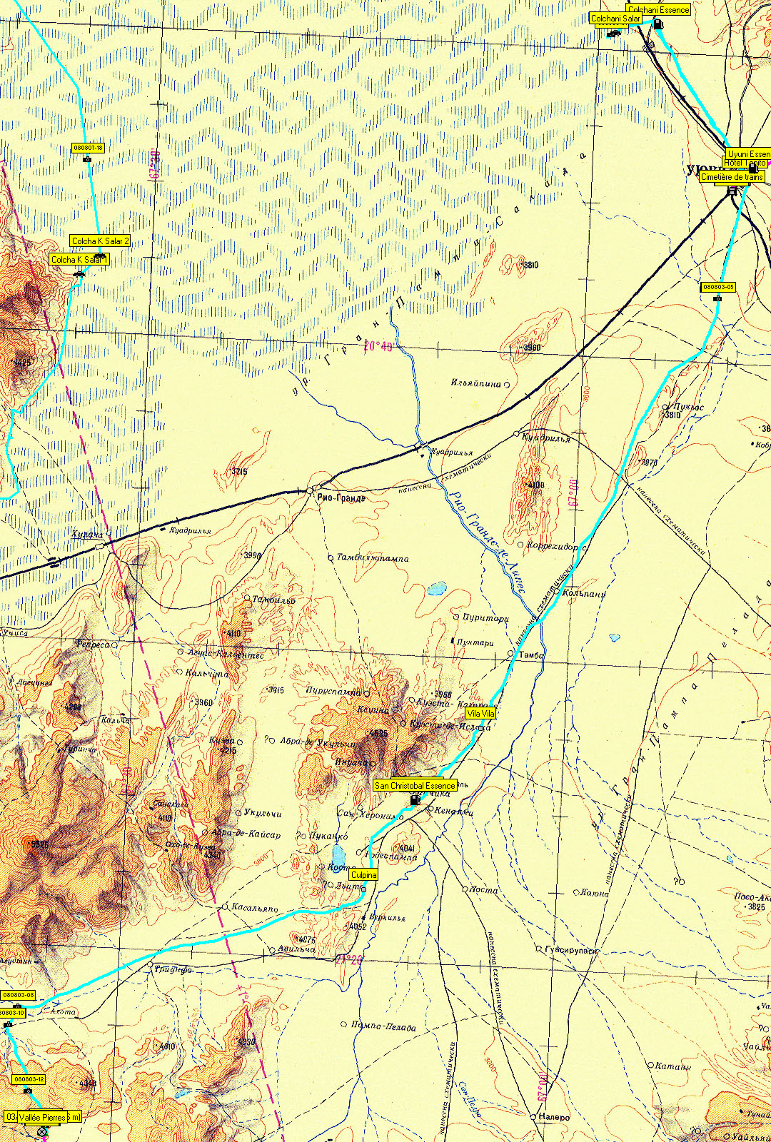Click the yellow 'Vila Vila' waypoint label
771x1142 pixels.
tap(480, 713)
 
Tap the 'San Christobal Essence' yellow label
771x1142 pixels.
tap(415, 785)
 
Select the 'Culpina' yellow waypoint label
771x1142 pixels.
tap(363, 874)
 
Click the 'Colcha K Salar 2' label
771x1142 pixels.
tap(101, 241)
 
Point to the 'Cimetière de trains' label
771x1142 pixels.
tap(732, 177)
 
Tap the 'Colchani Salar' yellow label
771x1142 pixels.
tap(615, 19)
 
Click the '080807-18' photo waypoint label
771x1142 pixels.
tap(89, 148)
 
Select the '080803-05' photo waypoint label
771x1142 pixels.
tap(718, 287)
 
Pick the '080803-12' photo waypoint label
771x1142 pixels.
tap(29, 1079)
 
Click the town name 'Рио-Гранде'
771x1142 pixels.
tap(341, 497)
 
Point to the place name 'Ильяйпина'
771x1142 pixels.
tap(475, 383)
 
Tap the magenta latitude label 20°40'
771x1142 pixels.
tap(378, 347)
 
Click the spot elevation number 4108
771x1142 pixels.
tap(535, 485)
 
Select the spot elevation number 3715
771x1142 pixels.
tap(239, 472)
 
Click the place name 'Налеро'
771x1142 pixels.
tap(555, 1117)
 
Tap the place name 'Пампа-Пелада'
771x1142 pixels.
tap(383, 1026)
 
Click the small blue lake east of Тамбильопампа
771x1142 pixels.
tap(437, 589)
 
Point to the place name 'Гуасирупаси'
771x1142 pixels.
tap(571, 950)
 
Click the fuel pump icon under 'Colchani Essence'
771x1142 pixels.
tap(658, 24)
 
